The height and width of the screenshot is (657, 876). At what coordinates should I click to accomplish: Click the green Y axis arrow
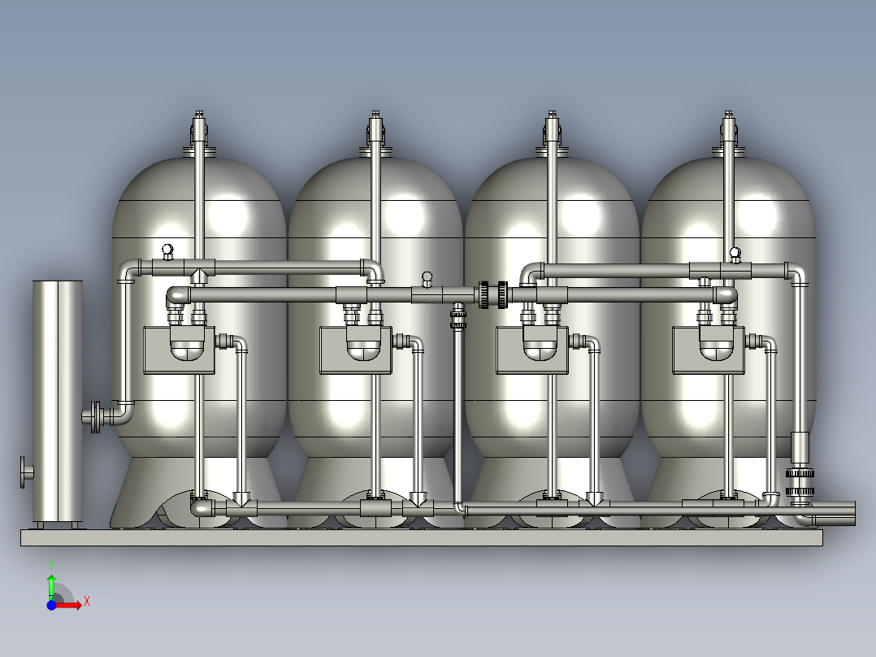[x=51, y=586]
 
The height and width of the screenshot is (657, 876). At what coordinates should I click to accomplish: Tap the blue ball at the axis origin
[x=51, y=604]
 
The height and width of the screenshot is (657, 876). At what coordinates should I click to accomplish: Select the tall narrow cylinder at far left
[x=58, y=402]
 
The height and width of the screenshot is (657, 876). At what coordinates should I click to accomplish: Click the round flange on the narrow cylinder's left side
[x=26, y=472]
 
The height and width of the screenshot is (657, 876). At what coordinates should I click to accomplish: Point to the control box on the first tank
[x=179, y=350]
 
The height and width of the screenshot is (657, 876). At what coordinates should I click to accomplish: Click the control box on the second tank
[x=355, y=350]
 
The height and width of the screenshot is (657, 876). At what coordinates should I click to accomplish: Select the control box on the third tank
[x=531, y=350]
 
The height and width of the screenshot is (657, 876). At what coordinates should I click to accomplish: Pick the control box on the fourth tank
[x=709, y=350]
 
